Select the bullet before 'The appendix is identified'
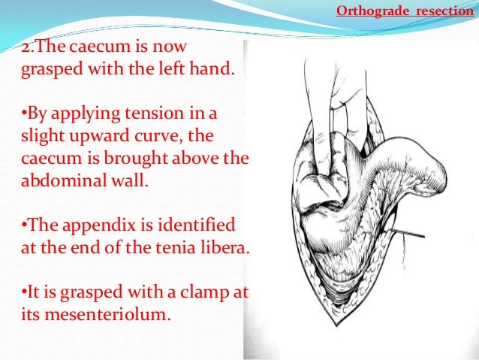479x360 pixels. tap(20, 225)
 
